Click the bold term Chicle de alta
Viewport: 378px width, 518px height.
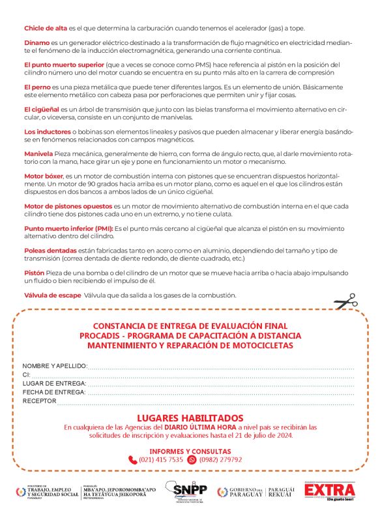click(x=45, y=28)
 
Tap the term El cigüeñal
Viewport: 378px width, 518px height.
click(x=42, y=109)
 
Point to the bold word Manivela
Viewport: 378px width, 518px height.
click(x=38, y=153)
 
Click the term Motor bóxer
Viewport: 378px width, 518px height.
click(x=43, y=176)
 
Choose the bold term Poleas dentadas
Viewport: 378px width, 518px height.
click(x=50, y=251)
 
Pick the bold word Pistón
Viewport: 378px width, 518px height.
click(x=35, y=273)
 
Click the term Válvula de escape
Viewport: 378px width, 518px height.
click(x=53, y=296)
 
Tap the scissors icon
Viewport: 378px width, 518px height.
click(x=345, y=301)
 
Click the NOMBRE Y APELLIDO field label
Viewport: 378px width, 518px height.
click(x=55, y=366)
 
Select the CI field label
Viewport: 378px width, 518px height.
click(x=27, y=375)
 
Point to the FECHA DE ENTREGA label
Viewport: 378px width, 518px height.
click(x=55, y=392)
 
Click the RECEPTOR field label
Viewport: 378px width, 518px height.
click(x=40, y=401)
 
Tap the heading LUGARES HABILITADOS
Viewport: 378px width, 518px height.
click(x=189, y=418)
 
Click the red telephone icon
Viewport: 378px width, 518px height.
click(x=133, y=459)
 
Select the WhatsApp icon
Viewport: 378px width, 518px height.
click(x=192, y=459)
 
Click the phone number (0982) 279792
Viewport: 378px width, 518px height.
click(x=221, y=459)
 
